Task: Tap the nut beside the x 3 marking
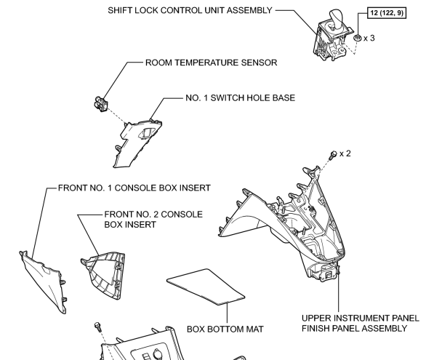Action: [x=358, y=38]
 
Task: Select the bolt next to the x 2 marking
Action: [x=333, y=155]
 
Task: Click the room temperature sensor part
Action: [x=101, y=104]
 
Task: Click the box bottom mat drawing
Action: [x=206, y=287]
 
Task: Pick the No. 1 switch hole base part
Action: [x=137, y=143]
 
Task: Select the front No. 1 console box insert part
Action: [x=43, y=281]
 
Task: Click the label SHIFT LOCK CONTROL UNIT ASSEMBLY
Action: [x=190, y=10]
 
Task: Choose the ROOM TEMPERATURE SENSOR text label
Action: [x=211, y=63]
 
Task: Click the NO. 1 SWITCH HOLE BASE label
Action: [x=240, y=97]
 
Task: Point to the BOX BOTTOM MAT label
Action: [x=225, y=329]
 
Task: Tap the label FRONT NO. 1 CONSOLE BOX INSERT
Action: [x=134, y=188]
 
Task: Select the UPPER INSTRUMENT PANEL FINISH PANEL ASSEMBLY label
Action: [x=361, y=323]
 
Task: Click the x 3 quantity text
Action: [x=369, y=39]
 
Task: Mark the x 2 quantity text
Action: [x=345, y=153]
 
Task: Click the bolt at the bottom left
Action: [x=98, y=327]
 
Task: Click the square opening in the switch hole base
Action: [x=148, y=133]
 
